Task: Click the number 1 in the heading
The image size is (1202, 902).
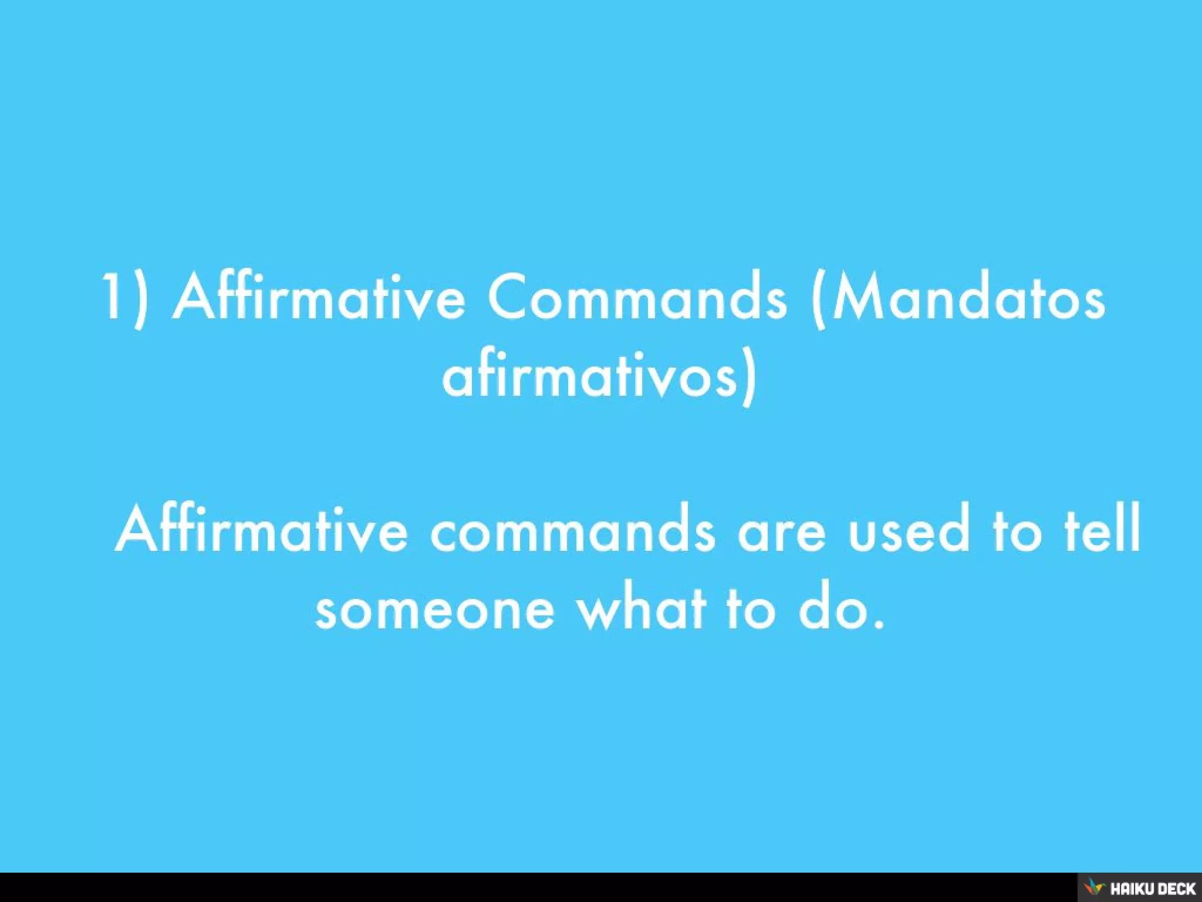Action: point(110,297)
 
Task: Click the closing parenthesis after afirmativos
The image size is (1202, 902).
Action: point(748,379)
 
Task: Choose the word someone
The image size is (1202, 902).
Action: point(434,611)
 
